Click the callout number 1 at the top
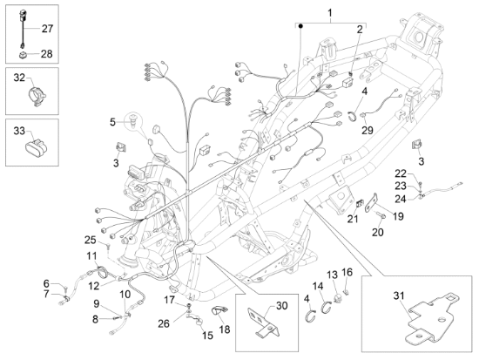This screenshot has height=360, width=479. coord(330,12)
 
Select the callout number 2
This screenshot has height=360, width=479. coord(358,30)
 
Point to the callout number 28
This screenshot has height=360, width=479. coord(47,53)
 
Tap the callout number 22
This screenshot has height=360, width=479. coord(400,173)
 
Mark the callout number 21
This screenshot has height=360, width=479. coord(352,219)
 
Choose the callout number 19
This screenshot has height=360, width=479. coord(398,215)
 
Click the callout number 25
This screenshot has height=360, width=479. coord(90,240)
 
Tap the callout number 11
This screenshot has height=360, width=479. coord(91,255)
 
